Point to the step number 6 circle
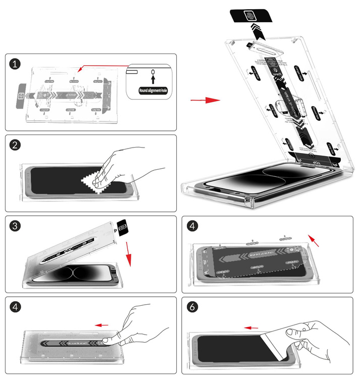pos(192,307)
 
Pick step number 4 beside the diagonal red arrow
pos(192,226)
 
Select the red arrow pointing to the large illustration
pos(205,100)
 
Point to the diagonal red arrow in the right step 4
pos(314,241)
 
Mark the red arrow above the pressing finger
pos(102,325)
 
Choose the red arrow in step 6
pos(251,327)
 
